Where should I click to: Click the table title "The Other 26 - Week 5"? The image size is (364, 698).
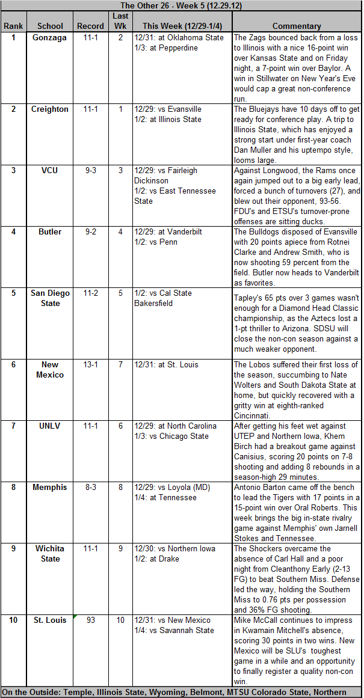click(182, 5)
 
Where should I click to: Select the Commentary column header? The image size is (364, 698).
click(297, 26)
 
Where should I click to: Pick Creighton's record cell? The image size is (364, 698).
click(91, 109)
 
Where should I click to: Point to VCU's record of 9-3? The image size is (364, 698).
click(91, 170)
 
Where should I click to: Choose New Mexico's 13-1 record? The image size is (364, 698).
click(91, 364)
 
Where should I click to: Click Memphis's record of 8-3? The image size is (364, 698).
click(91, 487)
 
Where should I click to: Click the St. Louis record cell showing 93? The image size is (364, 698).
click(91, 620)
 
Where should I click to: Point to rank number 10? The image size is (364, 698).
click(13, 620)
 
